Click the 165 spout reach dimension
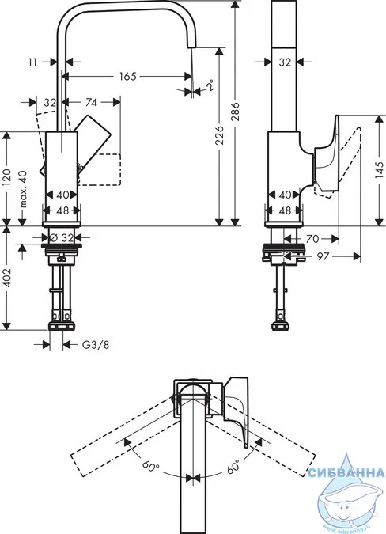coord(127,76)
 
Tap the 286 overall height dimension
coord(236,111)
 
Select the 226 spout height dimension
coord(220,134)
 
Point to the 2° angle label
coord(211,85)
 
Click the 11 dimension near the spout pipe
coord(32,62)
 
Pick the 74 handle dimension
coord(91,102)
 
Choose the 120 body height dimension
coord(7,176)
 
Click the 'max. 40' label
coord(23,189)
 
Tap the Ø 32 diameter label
coord(62,237)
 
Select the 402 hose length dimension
coord(7,278)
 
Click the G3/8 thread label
coord(96,345)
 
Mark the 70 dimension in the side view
coord(312,239)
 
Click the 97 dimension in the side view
coord(323,256)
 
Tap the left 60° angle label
coord(151,465)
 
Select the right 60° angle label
coord(233,465)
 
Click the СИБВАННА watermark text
coord(346,473)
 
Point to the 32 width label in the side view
coord(285,62)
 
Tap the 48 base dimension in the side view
coord(285,210)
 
